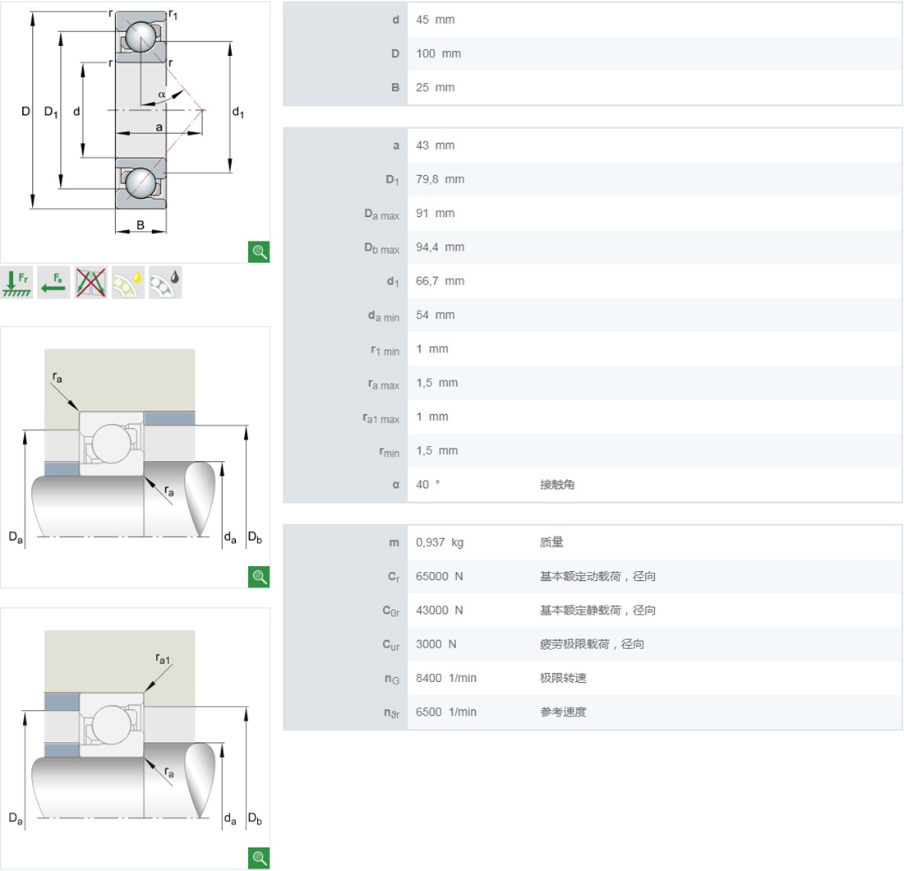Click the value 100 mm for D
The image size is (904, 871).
tap(438, 53)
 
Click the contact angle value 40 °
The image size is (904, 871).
tap(427, 485)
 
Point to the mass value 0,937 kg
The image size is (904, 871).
tap(440, 542)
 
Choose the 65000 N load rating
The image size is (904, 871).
tap(440, 577)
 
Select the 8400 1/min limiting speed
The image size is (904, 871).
tap(445, 678)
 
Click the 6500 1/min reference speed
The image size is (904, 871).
tap(445, 712)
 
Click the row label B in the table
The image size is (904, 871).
tap(395, 88)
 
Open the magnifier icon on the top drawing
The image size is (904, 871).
tap(259, 251)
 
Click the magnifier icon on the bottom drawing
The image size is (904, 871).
tap(259, 858)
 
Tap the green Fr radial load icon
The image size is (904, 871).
tap(16, 283)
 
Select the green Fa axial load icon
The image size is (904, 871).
tap(53, 283)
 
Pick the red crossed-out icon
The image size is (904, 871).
tap(90, 283)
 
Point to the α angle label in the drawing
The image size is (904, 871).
tap(162, 94)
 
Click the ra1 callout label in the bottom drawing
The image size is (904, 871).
tap(163, 657)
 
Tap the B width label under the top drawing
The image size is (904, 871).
tap(141, 224)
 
